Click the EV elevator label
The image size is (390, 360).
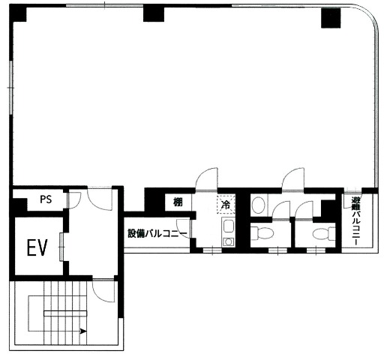click(37, 247)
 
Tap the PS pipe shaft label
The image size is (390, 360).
click(46, 199)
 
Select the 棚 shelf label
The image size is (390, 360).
click(178, 202)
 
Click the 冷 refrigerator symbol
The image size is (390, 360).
click(226, 205)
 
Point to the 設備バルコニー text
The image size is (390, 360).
click(157, 233)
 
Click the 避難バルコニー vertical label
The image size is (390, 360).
click(355, 221)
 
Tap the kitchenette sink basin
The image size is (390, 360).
click(229, 226)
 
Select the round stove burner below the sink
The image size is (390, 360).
click(228, 241)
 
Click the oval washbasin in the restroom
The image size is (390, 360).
click(258, 205)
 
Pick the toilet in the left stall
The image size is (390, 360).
click(262, 233)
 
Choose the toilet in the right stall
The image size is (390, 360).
click(324, 234)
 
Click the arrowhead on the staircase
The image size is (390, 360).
click(83, 331)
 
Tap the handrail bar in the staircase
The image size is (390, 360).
click(65, 313)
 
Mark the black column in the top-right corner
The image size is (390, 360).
click(331, 18)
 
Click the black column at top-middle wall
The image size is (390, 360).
click(154, 13)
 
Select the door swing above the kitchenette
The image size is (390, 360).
click(206, 179)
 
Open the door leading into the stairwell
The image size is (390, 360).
click(103, 290)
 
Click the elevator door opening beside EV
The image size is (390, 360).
click(61, 247)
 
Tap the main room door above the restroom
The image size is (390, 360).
click(293, 179)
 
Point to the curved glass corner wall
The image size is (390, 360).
click(370, 17)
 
